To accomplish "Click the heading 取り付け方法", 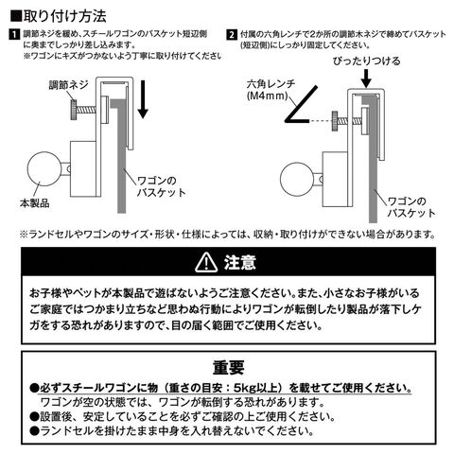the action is pyautogui.click(x=65, y=16).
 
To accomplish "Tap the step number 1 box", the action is pyautogui.click(x=14, y=34).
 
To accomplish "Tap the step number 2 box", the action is pyautogui.click(x=232, y=34).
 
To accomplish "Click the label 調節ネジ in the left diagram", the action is pyautogui.click(x=68, y=85).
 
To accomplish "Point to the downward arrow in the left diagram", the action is pyautogui.click(x=143, y=99).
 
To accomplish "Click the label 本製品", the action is pyautogui.click(x=35, y=203).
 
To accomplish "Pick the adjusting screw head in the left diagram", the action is pyautogui.click(x=74, y=110).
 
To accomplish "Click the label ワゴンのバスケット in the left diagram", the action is pyautogui.click(x=161, y=186).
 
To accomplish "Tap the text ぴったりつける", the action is pyautogui.click(x=367, y=61).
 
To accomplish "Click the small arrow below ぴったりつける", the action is pyautogui.click(x=366, y=79).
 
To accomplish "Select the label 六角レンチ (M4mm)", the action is pyautogui.click(x=271, y=90).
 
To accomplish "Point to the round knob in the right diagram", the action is pyautogui.click(x=297, y=180).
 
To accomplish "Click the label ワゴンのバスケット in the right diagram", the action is pyautogui.click(x=411, y=207).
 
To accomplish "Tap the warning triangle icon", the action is pyautogui.click(x=205, y=263).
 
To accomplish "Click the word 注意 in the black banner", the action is pyautogui.click(x=240, y=263).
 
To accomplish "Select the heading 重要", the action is pyautogui.click(x=229, y=367).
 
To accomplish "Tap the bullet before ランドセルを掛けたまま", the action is pyautogui.click(x=35, y=431).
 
